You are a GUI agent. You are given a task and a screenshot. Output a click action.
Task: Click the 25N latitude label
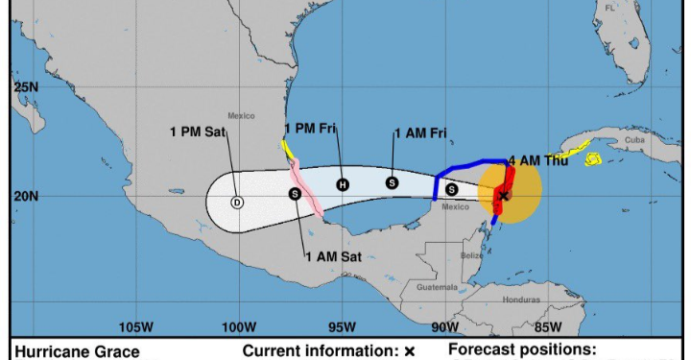pyautogui.click(x=26, y=86)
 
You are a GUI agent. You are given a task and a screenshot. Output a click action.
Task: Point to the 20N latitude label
pyautogui.click(x=26, y=196)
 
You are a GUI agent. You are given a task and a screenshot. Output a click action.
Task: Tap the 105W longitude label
pyautogui.click(x=136, y=325)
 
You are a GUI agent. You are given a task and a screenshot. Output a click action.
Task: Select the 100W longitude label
pyautogui.click(x=239, y=325)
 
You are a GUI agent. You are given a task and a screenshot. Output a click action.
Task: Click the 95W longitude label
pyautogui.click(x=342, y=325)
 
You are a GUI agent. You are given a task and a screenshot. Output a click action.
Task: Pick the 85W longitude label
pyautogui.click(x=547, y=325)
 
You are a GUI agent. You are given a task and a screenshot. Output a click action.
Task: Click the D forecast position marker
pyautogui.click(x=237, y=203)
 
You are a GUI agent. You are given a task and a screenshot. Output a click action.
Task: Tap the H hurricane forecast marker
pyautogui.click(x=343, y=184)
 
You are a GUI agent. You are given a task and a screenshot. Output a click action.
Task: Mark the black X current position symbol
pyautogui.click(x=503, y=196)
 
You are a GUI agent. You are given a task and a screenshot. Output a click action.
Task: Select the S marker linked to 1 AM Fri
pyautogui.click(x=392, y=182)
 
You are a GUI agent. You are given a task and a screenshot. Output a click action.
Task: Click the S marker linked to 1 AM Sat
pyautogui.click(x=295, y=194)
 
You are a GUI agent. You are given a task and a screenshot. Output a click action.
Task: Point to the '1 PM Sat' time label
pyautogui.click(x=198, y=132)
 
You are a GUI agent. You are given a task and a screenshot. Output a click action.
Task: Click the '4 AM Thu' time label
pyautogui.click(x=538, y=160)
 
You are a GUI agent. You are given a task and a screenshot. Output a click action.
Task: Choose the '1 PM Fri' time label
pyautogui.click(x=312, y=129)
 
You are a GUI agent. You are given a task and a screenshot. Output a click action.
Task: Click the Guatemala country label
pyautogui.click(x=438, y=287)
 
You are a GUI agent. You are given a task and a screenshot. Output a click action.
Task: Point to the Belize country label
pyautogui.click(x=470, y=255)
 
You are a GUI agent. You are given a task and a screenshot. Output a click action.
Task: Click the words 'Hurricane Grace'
pyautogui.click(x=77, y=351)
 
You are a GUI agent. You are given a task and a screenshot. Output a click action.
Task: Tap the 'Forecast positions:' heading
pyautogui.click(x=522, y=350)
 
